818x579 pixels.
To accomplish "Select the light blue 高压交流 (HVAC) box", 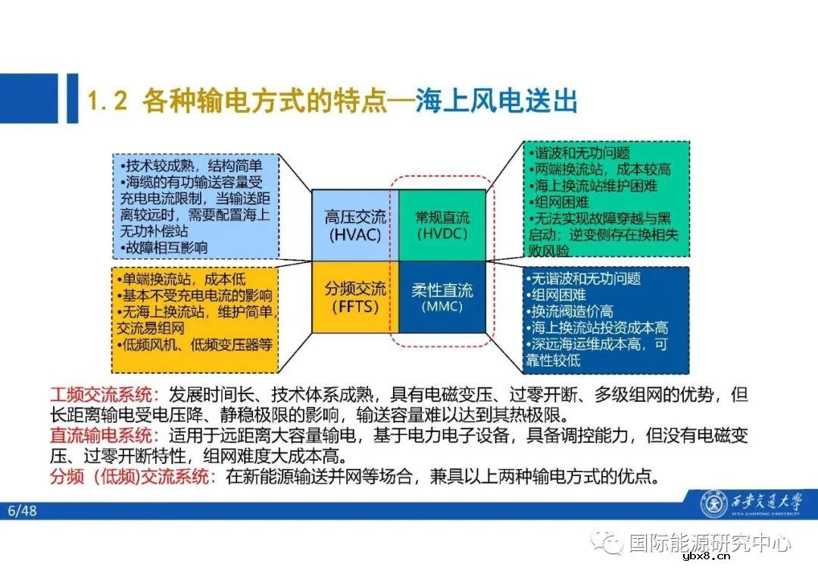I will [355, 225].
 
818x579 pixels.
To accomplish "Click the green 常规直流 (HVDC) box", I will [442, 225].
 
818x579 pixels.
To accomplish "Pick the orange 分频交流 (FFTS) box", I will [355, 297].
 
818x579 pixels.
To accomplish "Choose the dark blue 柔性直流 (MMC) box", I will [442, 297].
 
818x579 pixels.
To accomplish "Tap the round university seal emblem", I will [713, 504].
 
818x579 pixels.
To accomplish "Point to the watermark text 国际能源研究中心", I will [710, 543].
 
